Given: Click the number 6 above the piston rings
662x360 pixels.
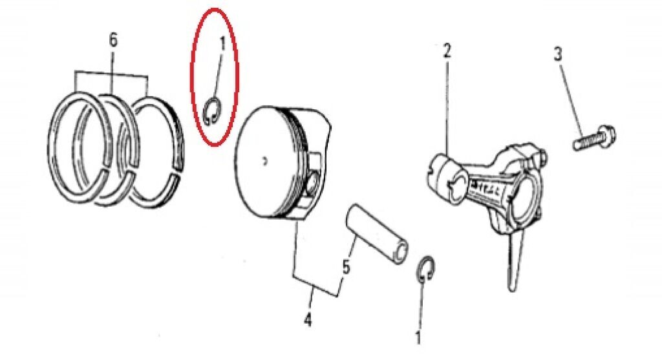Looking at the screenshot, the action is click(x=113, y=41).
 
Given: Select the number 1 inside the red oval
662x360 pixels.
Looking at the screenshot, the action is click(x=222, y=43).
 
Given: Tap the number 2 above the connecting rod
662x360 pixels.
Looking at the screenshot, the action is click(x=447, y=50).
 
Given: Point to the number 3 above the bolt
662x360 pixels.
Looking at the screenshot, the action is click(x=558, y=55).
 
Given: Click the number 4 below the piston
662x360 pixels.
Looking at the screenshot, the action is click(x=308, y=319).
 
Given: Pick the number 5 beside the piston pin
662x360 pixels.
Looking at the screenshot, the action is click(x=346, y=267).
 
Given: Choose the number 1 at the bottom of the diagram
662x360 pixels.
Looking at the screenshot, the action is click(x=418, y=337).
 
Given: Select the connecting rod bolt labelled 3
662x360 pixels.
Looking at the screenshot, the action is click(x=594, y=138).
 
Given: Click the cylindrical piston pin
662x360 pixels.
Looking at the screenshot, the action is click(x=377, y=233).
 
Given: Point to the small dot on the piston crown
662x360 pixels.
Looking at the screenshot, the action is click(x=264, y=161).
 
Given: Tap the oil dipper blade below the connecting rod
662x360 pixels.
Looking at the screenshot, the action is click(x=515, y=261).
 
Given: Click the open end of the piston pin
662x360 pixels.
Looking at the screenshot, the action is click(x=401, y=251).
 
